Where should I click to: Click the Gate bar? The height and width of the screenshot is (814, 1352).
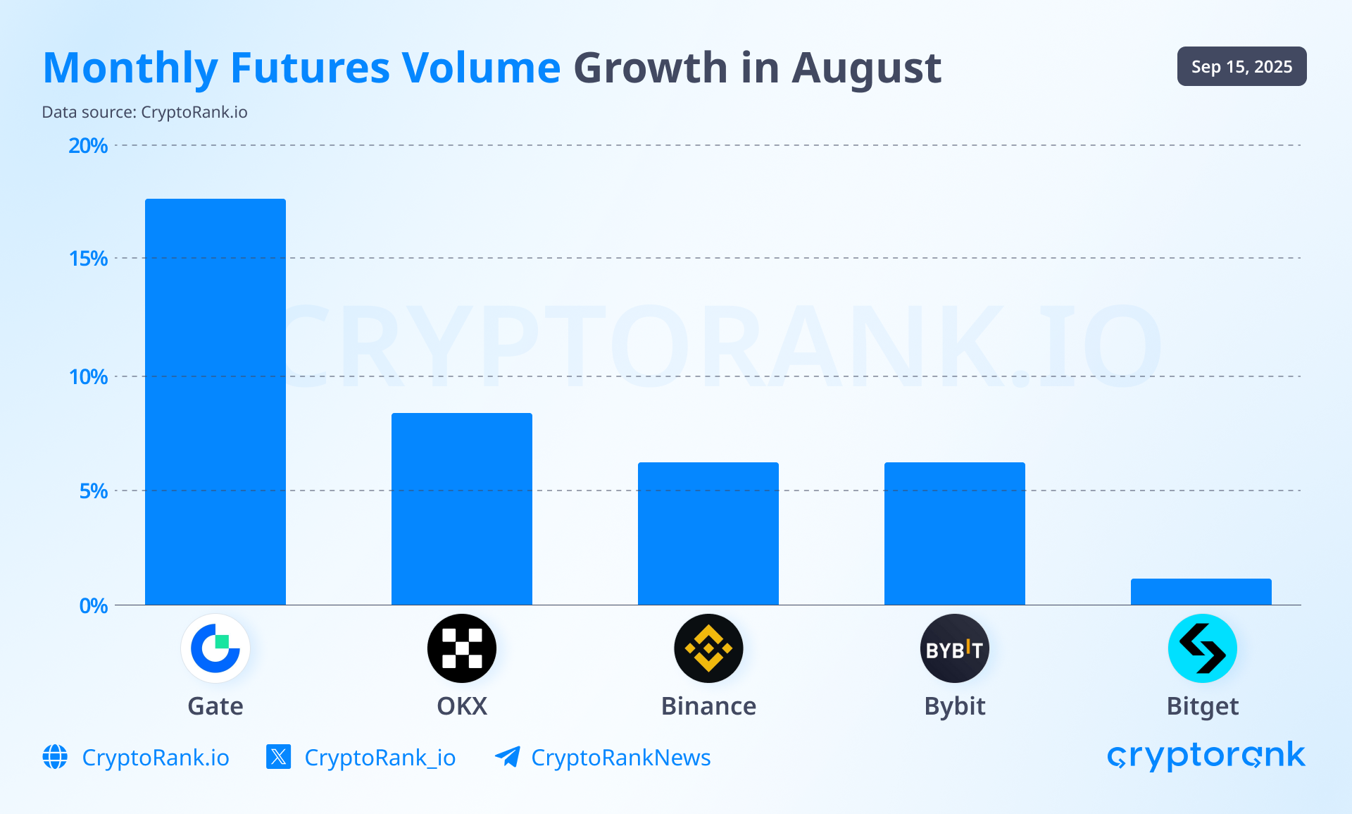click(x=215, y=402)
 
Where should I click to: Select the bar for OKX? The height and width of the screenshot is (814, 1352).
click(x=462, y=509)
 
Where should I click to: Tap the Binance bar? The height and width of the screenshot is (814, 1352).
click(x=708, y=534)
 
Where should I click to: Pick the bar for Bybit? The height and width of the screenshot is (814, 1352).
click(x=955, y=534)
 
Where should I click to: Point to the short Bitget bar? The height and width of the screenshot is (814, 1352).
click(x=1201, y=592)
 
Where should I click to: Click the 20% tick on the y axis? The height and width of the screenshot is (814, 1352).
click(x=88, y=146)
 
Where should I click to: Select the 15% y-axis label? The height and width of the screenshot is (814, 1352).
click(x=88, y=259)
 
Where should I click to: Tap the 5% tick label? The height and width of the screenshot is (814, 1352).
click(x=93, y=491)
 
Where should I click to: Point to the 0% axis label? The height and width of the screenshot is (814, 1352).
click(x=93, y=606)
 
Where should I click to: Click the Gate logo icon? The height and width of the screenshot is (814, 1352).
click(x=215, y=648)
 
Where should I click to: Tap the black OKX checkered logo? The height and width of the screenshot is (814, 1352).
click(x=462, y=648)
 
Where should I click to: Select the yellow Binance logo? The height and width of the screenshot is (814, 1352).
click(x=708, y=648)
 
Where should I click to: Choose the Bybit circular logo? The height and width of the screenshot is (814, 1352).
click(x=955, y=648)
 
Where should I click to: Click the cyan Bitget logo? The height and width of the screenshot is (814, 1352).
click(x=1202, y=648)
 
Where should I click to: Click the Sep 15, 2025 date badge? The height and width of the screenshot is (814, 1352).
click(x=1241, y=67)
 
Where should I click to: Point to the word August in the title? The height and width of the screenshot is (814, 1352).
click(x=866, y=69)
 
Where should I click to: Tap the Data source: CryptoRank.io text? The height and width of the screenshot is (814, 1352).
click(x=144, y=113)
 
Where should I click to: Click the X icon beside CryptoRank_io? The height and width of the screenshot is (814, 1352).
click(x=279, y=757)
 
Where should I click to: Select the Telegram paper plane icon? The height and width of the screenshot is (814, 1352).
click(x=507, y=757)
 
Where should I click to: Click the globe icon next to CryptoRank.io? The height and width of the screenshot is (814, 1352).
click(x=55, y=757)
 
